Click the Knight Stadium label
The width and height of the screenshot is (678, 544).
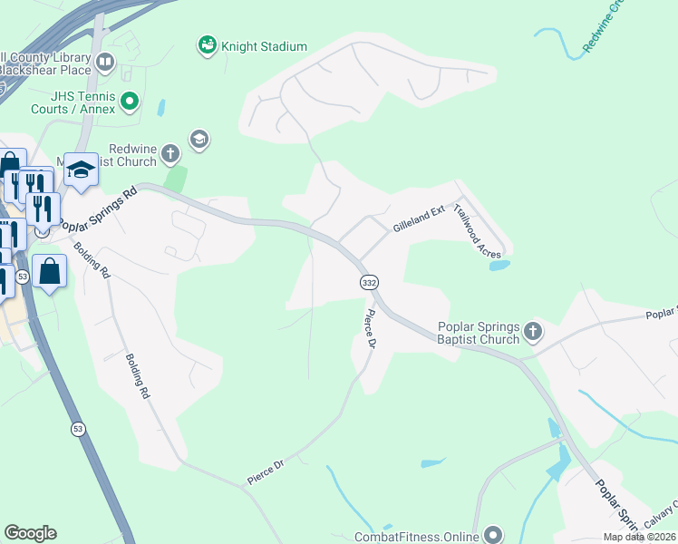pyautogui.click(x=264, y=46)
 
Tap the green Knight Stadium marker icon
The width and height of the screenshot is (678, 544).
pyautogui.click(x=207, y=44)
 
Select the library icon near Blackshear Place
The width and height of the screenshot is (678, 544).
pyautogui.click(x=105, y=63)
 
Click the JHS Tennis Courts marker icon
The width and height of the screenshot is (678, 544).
pyautogui.click(x=130, y=101)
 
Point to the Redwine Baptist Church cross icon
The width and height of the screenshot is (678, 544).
pyautogui.click(x=169, y=155)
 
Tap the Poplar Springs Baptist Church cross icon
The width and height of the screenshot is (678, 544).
pyautogui.click(x=532, y=332)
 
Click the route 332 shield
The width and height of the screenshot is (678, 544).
pyautogui.click(x=368, y=283)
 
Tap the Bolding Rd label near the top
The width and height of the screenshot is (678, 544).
pyautogui.click(x=92, y=260)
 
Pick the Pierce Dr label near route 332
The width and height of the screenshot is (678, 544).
pyautogui.click(x=369, y=329)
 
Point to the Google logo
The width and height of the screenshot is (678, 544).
pyautogui.click(x=30, y=533)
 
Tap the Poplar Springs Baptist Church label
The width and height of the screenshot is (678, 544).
pyautogui.click(x=479, y=333)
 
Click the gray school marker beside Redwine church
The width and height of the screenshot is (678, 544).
pyautogui.click(x=199, y=139)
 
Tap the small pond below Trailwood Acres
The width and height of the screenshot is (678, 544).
pyautogui.click(x=499, y=266)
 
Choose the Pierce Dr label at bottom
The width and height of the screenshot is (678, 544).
pyautogui.click(x=266, y=470)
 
